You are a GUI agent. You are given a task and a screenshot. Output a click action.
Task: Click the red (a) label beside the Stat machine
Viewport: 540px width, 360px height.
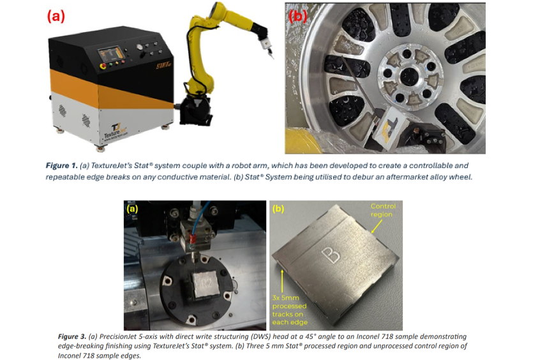click(x=56, y=16)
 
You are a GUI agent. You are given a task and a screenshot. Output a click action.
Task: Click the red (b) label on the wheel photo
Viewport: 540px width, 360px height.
click(x=297, y=16)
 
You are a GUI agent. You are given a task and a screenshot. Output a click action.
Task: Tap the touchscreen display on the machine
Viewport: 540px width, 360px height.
click(x=110, y=54)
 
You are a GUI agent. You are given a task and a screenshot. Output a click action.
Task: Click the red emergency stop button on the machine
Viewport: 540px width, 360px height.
click(x=103, y=66)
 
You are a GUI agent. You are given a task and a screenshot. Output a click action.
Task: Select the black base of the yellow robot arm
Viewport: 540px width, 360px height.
click(x=195, y=110)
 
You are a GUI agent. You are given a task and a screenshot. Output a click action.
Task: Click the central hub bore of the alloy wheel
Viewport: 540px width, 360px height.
click(x=409, y=75)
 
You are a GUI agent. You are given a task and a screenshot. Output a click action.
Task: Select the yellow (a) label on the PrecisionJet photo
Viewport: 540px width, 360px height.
click(x=133, y=209)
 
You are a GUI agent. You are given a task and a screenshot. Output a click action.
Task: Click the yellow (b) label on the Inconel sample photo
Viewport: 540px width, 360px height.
click(x=278, y=209)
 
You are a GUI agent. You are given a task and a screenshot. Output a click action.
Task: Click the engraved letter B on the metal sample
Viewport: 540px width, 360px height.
click(x=331, y=255)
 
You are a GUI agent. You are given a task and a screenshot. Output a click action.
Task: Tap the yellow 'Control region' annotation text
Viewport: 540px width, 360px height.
click(x=383, y=210)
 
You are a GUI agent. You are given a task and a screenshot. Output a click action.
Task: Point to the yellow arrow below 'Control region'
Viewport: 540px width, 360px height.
click(x=377, y=226)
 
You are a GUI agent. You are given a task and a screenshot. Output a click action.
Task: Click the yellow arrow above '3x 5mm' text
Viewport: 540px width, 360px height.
click(x=282, y=281)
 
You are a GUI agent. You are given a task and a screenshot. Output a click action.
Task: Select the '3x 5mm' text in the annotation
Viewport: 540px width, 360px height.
click(x=286, y=297)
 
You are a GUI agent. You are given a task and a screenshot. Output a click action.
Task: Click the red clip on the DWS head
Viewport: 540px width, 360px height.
click(x=193, y=237)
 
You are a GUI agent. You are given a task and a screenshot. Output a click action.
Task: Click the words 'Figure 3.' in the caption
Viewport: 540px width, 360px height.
click(x=72, y=336)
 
